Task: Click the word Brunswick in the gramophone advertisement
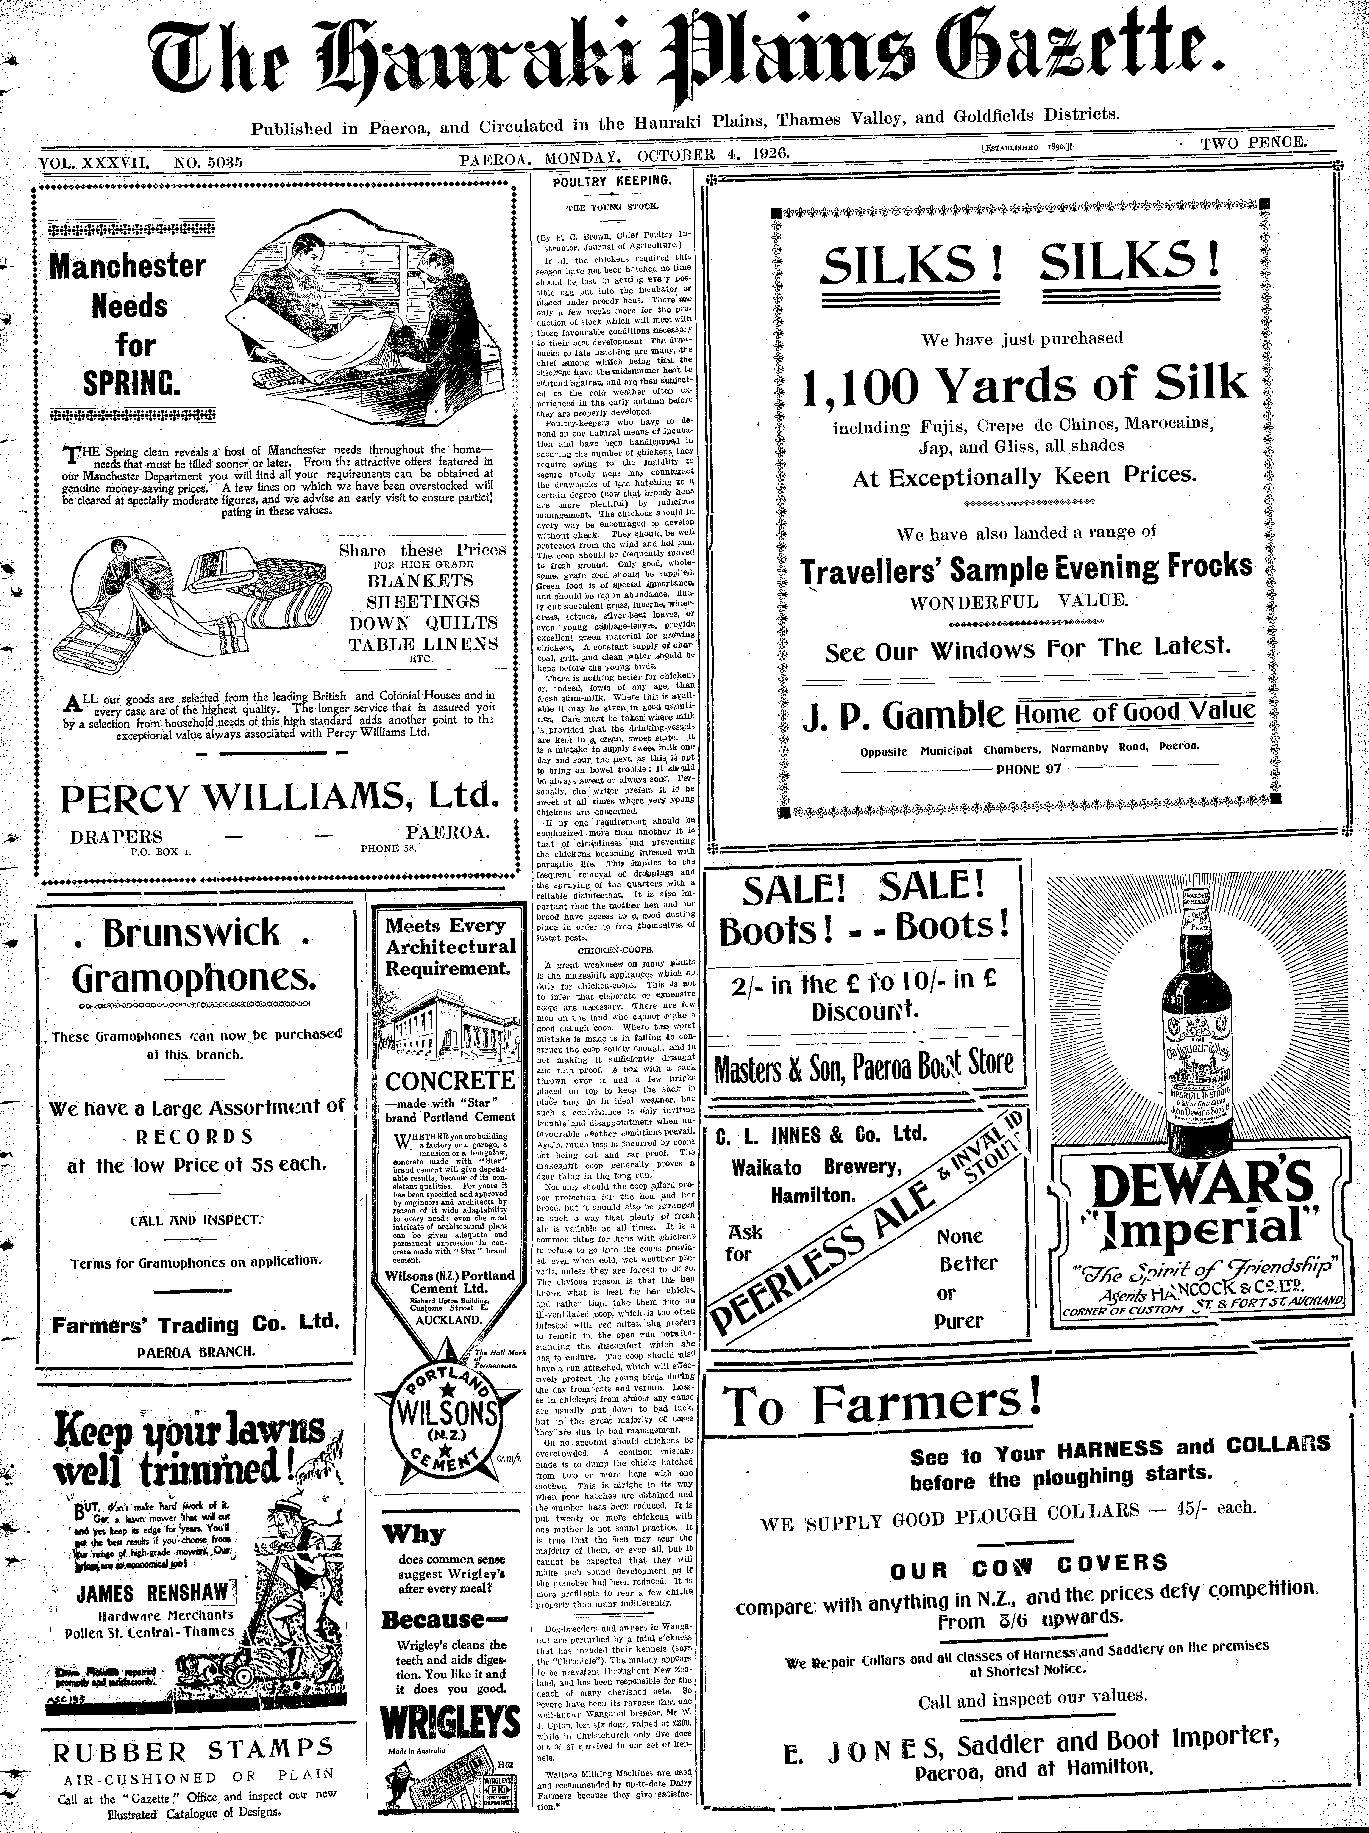pos(191,933)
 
